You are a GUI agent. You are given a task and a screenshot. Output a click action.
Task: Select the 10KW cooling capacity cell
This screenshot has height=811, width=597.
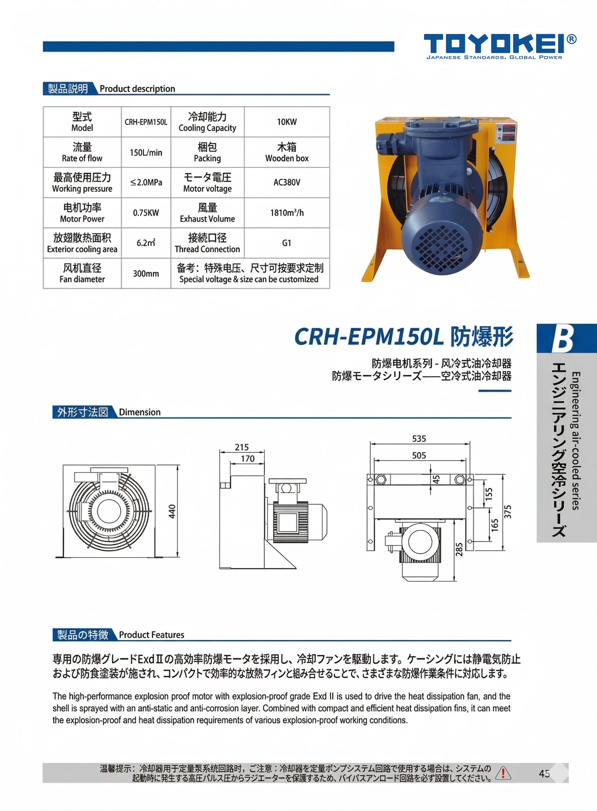click(287, 122)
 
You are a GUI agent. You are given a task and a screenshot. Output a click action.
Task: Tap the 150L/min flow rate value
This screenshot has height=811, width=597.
click(146, 152)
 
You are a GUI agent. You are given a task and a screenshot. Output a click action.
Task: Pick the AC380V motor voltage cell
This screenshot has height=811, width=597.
click(287, 183)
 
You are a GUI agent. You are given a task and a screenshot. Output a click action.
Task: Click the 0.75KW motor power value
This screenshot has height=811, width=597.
click(146, 213)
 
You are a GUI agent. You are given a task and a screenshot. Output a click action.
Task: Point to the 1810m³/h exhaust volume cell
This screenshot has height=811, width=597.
click(287, 213)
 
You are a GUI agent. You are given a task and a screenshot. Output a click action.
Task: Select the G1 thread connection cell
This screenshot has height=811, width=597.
click(287, 243)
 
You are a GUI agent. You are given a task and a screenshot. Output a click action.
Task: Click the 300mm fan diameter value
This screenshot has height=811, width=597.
click(146, 274)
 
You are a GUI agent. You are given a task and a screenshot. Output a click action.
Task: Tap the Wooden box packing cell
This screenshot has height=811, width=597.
click(287, 152)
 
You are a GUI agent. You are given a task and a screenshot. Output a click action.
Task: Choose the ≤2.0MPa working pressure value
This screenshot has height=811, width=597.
click(146, 183)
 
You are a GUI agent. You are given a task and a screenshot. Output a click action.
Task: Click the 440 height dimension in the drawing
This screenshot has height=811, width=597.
click(172, 511)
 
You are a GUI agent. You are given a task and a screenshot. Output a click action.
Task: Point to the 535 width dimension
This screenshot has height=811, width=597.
click(419, 439)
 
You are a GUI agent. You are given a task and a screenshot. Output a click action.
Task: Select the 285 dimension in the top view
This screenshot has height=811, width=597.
click(459, 549)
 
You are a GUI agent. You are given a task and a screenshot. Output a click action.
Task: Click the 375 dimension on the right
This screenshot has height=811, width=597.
click(508, 512)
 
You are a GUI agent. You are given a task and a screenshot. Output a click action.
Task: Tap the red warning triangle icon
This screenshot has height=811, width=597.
click(503, 773)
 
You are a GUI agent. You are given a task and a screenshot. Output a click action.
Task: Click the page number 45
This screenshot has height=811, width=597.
click(544, 773)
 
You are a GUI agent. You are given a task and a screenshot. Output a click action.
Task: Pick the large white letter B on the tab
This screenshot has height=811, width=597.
click(562, 339)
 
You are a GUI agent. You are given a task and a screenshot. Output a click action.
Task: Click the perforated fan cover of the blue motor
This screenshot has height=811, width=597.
click(438, 247)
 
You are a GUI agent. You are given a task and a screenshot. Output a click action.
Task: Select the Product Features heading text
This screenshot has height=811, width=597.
click(151, 635)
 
